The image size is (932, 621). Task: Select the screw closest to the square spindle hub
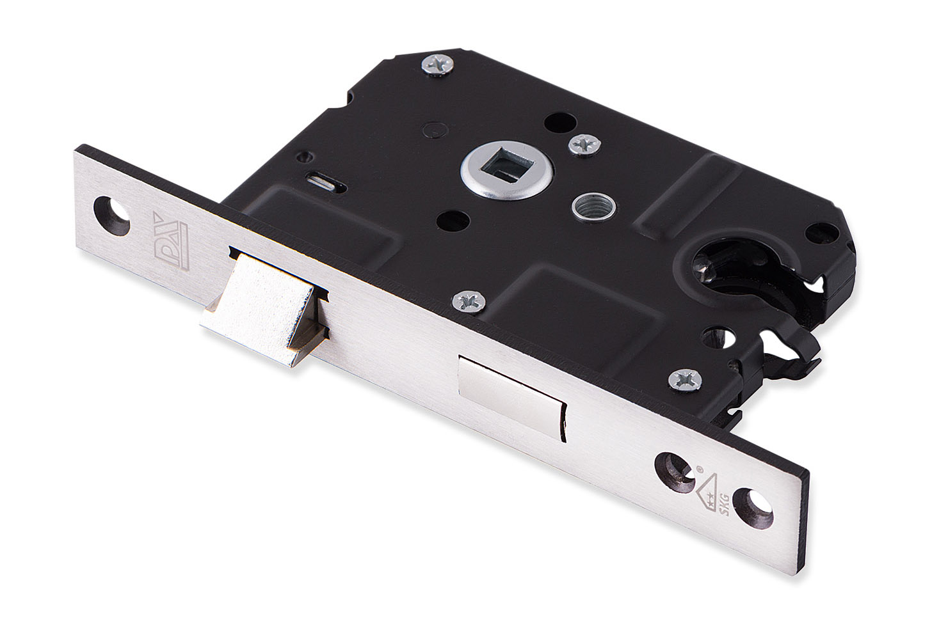point(583,144)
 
